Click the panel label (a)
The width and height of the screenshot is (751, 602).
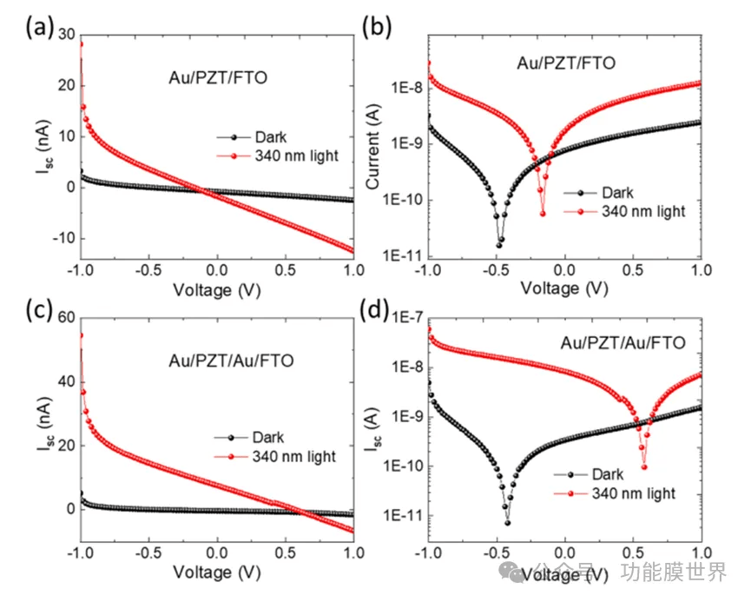pyautogui.click(x=38, y=27)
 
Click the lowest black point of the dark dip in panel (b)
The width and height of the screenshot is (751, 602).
pyautogui.click(x=499, y=245)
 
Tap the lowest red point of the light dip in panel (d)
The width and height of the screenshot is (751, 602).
pyautogui.click(x=644, y=466)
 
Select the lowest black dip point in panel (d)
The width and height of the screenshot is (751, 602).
pyautogui.click(x=507, y=522)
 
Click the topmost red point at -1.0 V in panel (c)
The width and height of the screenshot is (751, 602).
pyautogui.click(x=81, y=335)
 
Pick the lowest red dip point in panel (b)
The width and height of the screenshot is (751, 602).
pyautogui.click(x=543, y=213)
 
